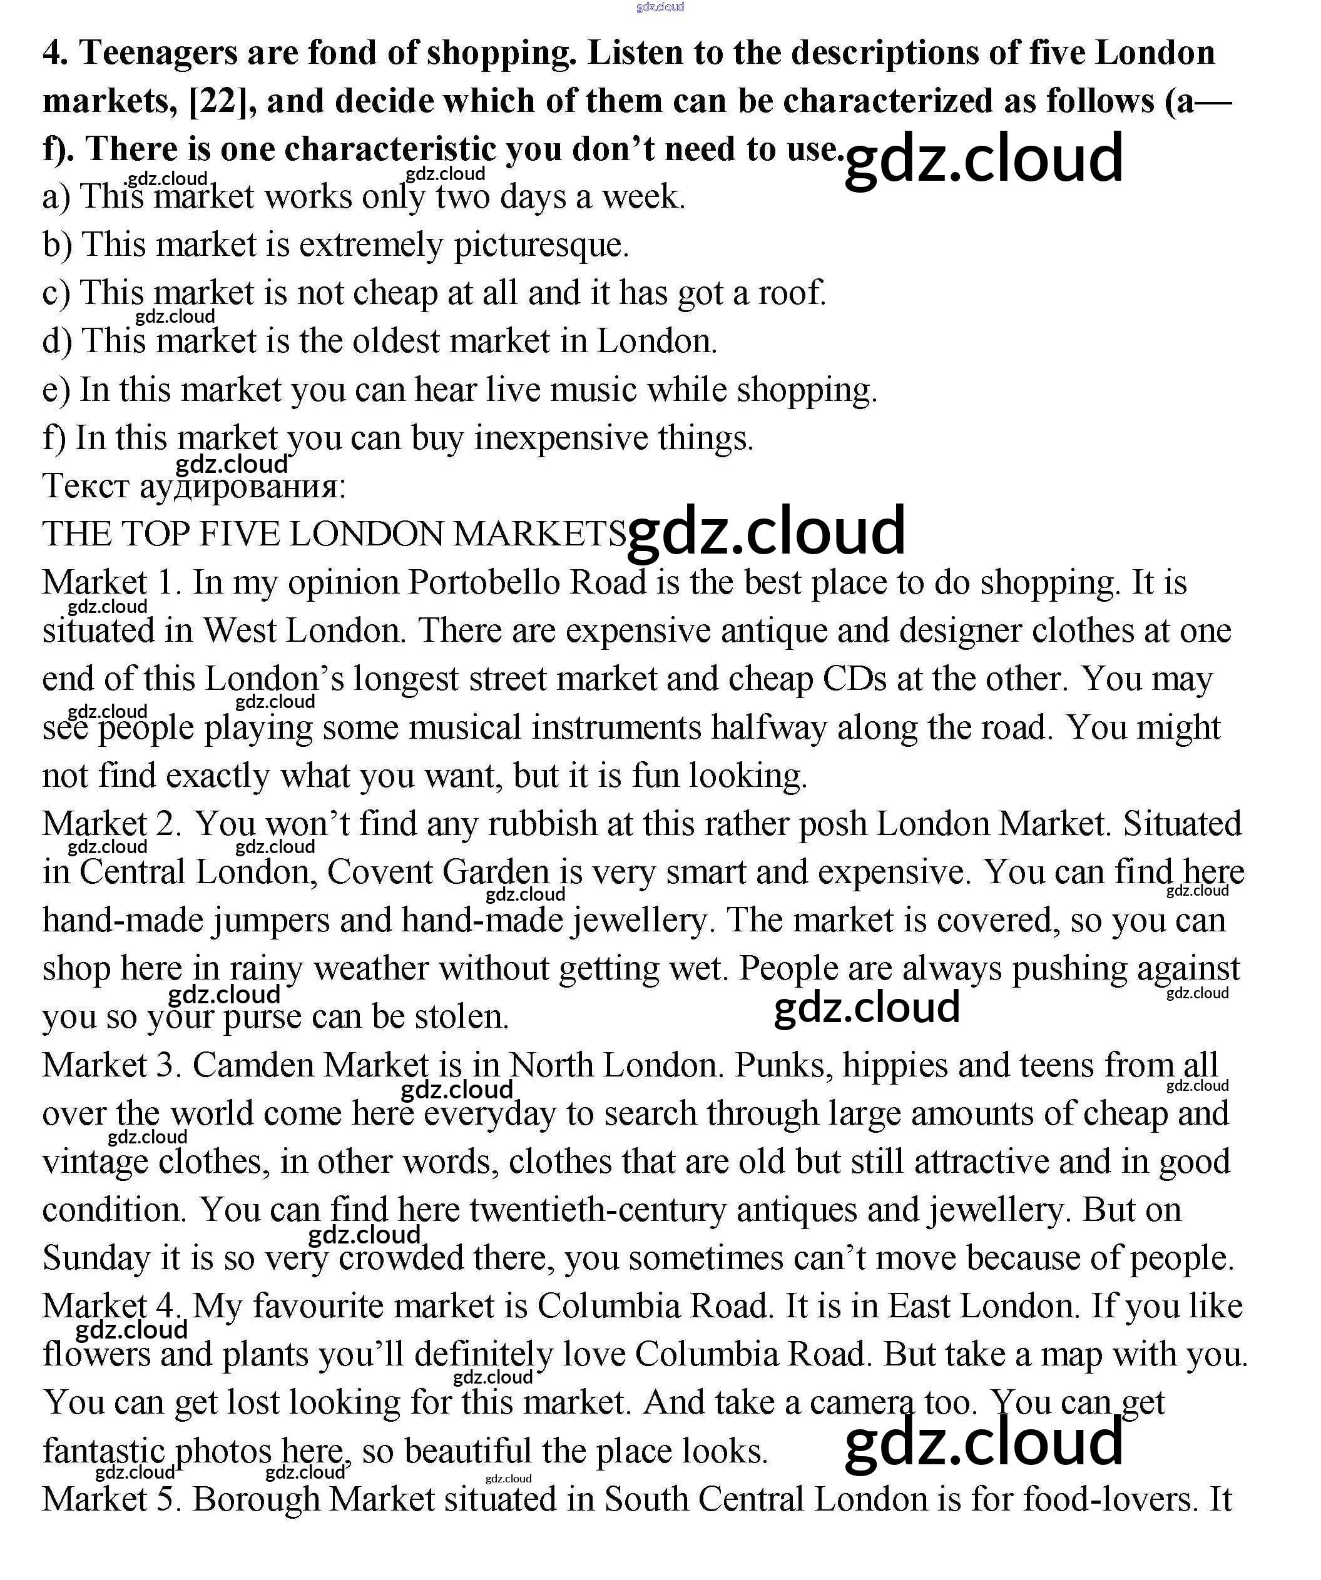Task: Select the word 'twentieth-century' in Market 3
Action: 598,1210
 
